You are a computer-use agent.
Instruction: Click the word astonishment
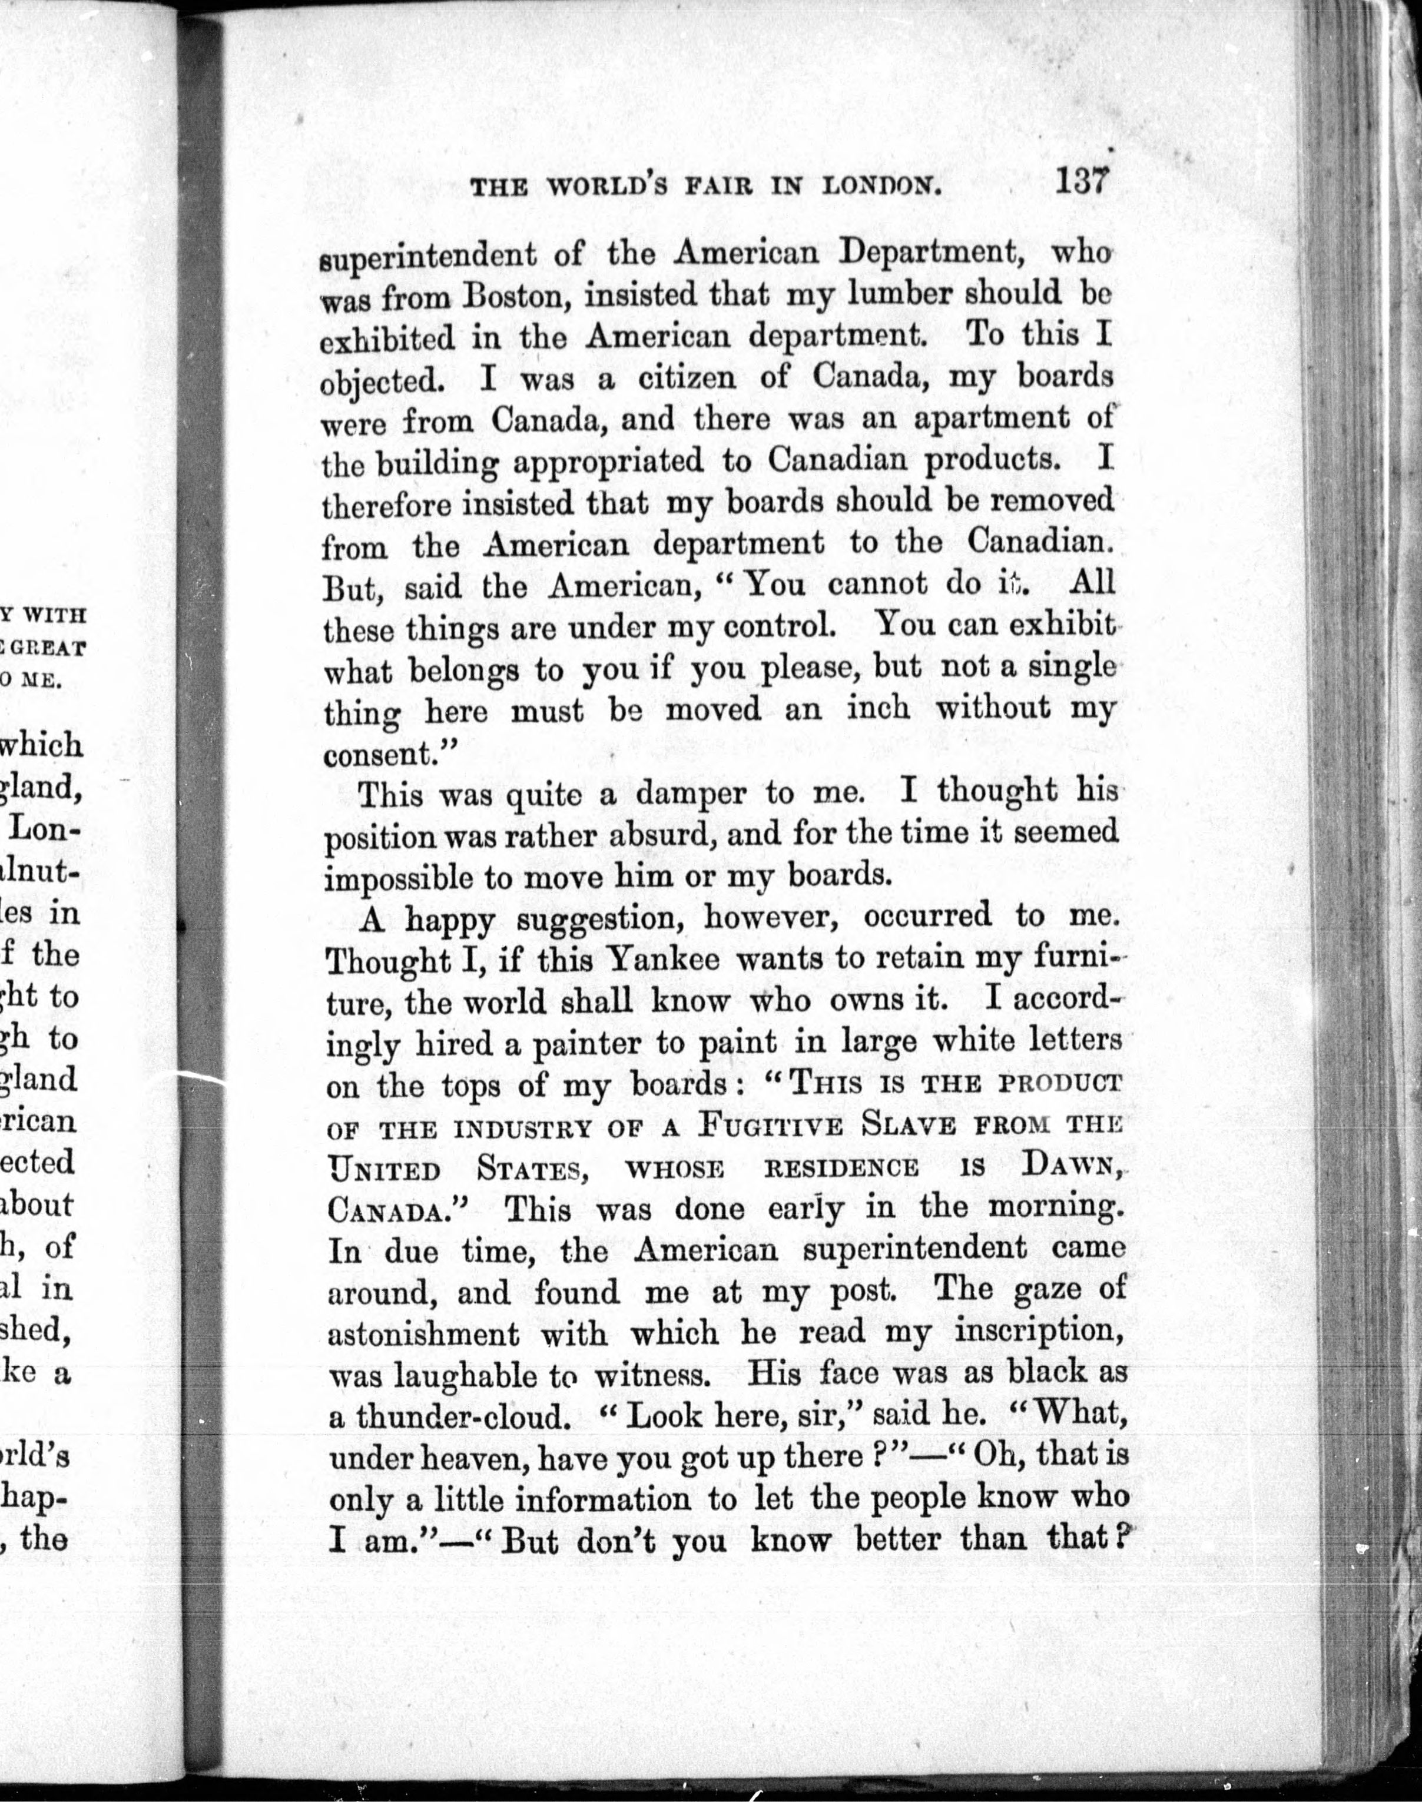(x=424, y=1333)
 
